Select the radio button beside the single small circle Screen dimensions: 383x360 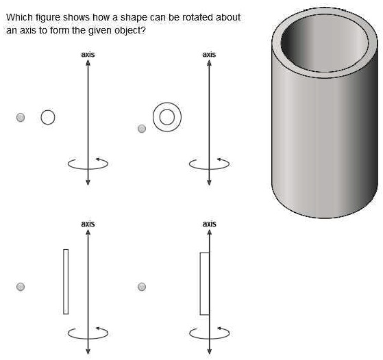click(x=21, y=117)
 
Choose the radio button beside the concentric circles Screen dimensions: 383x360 click(x=142, y=129)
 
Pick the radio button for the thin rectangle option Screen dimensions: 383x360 click(x=21, y=287)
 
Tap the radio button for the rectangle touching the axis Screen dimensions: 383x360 click(x=142, y=287)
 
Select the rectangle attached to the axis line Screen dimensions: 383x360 click(x=200, y=283)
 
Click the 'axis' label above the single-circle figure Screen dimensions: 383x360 click(x=88, y=55)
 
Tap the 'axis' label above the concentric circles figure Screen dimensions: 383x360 click(x=209, y=55)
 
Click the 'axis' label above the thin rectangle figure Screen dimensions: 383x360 click(x=88, y=224)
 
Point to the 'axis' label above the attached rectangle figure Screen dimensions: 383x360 click(x=210, y=224)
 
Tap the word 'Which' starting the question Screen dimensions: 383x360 click(x=20, y=17)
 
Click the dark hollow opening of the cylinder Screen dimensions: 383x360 click(x=324, y=42)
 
